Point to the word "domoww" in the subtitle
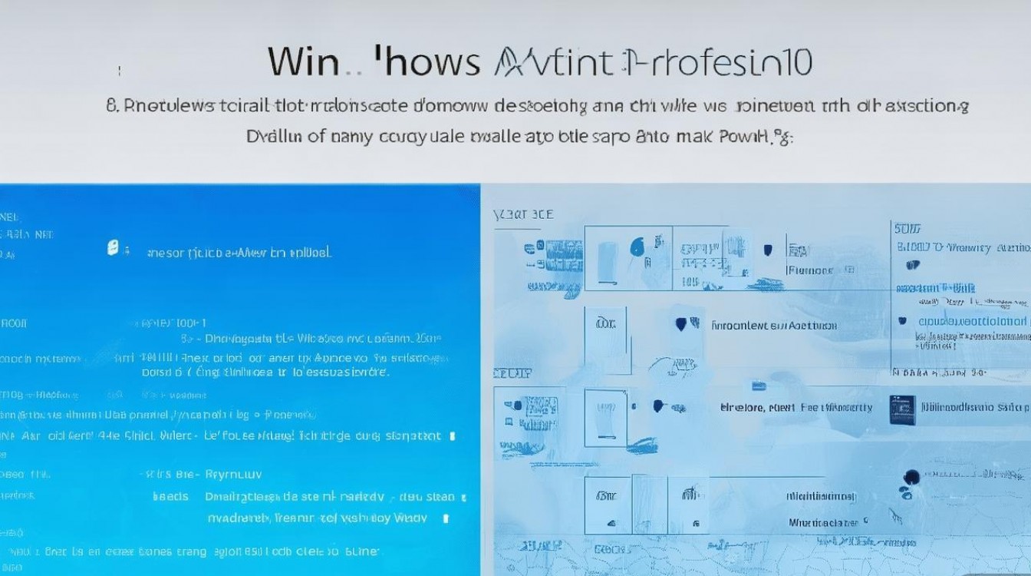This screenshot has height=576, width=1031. click(446, 105)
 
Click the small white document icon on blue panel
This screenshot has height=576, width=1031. click(113, 248)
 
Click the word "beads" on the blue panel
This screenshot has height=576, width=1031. click(170, 496)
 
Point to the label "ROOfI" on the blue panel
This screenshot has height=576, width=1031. click(11, 323)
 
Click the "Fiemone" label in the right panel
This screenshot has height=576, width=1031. click(810, 270)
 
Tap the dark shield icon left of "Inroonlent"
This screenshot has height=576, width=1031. click(681, 324)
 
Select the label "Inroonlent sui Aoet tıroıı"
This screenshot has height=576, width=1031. click(773, 326)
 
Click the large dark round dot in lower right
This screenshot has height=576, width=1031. click(912, 477)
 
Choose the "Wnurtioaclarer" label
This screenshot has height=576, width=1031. click(827, 523)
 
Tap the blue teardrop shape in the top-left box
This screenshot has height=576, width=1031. click(636, 247)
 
